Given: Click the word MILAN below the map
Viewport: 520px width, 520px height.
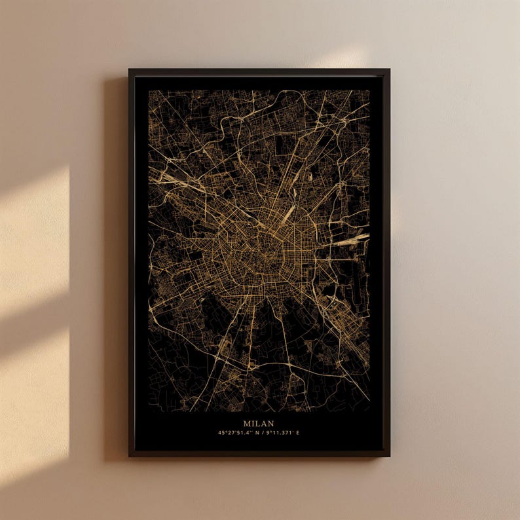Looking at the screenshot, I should pyautogui.click(x=259, y=424).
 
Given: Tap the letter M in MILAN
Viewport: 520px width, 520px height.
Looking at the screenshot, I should pyautogui.click(x=248, y=424).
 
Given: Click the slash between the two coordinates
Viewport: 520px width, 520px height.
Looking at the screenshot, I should pyautogui.click(x=263, y=433).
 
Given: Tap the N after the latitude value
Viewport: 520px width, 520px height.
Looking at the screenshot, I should pyautogui.click(x=256, y=433).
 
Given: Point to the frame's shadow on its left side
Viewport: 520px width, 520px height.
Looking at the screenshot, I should pyautogui.click(x=118, y=262).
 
